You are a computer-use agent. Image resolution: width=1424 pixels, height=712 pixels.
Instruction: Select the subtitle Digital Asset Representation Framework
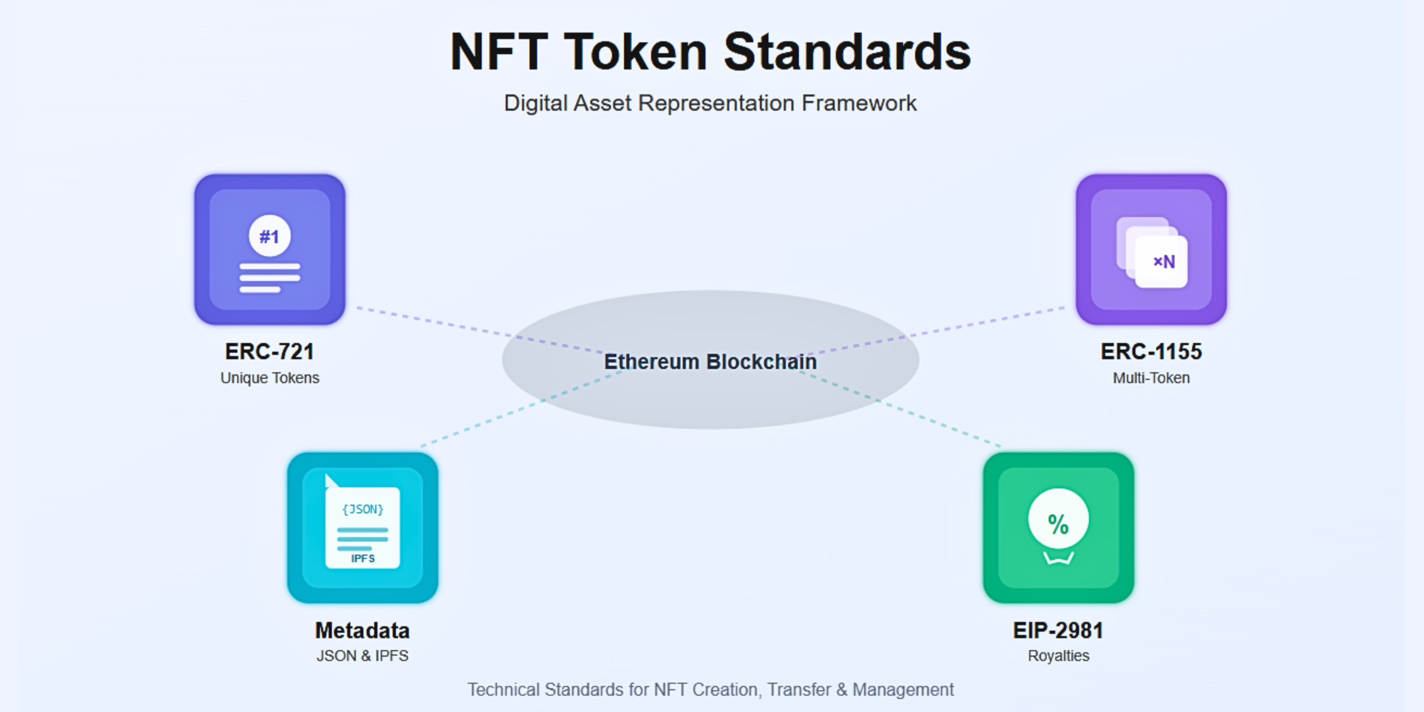(710, 103)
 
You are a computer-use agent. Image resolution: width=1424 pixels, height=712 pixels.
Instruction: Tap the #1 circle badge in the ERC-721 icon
(269, 236)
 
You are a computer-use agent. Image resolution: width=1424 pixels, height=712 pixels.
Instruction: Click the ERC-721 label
(269, 352)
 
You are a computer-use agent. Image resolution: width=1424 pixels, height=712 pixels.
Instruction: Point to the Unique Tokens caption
(269, 378)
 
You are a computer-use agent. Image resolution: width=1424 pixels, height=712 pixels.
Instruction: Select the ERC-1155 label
(1151, 352)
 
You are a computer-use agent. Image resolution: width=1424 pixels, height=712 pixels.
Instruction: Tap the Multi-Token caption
(1151, 378)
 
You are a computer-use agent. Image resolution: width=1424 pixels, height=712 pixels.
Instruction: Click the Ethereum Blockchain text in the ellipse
(710, 362)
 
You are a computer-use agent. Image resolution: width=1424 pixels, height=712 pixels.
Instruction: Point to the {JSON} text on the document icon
(363, 509)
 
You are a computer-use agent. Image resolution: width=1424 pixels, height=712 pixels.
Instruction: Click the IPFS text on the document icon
(363, 558)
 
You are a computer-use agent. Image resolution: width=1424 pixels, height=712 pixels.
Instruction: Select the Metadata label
(362, 630)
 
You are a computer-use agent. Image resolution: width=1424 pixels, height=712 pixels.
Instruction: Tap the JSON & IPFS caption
(362, 656)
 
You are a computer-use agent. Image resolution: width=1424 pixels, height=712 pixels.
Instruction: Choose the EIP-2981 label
(1058, 630)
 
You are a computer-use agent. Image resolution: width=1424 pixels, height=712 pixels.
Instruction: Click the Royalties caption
(1058, 656)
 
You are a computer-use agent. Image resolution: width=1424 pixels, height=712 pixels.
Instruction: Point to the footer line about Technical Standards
(710, 690)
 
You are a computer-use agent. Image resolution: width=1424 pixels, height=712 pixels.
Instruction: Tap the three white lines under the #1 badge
(269, 278)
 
